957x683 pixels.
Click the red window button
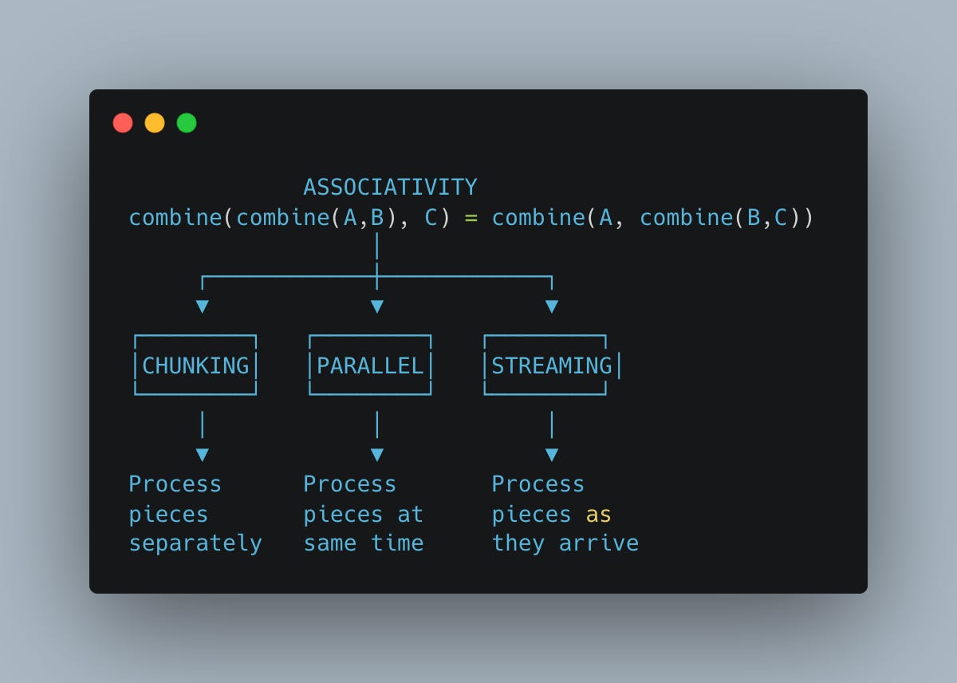pyautogui.click(x=123, y=123)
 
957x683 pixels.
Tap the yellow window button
pyautogui.click(x=155, y=123)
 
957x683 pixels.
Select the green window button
pyautogui.click(x=187, y=123)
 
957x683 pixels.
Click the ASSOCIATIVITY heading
pyautogui.click(x=390, y=188)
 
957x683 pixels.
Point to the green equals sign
pyautogui.click(x=471, y=218)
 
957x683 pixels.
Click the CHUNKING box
pyautogui.click(x=195, y=365)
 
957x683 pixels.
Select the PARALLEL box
pyautogui.click(x=370, y=365)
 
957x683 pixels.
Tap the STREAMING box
pyautogui.click(x=551, y=365)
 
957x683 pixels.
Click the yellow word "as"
pyautogui.click(x=598, y=515)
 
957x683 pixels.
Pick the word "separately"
pyautogui.click(x=195, y=543)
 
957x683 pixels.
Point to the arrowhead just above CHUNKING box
pyautogui.click(x=203, y=306)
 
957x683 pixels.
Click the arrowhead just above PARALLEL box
pyautogui.click(x=377, y=306)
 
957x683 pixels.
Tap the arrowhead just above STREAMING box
pyautogui.click(x=552, y=306)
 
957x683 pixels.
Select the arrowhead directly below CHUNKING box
pyautogui.click(x=203, y=455)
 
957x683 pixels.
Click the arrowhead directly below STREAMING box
pyautogui.click(x=552, y=455)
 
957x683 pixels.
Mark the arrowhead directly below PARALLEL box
pyautogui.click(x=377, y=455)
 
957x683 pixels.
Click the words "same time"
pyautogui.click(x=363, y=543)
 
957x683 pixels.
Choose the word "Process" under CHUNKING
pyautogui.click(x=175, y=484)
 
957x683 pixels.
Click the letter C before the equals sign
pyautogui.click(x=431, y=218)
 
